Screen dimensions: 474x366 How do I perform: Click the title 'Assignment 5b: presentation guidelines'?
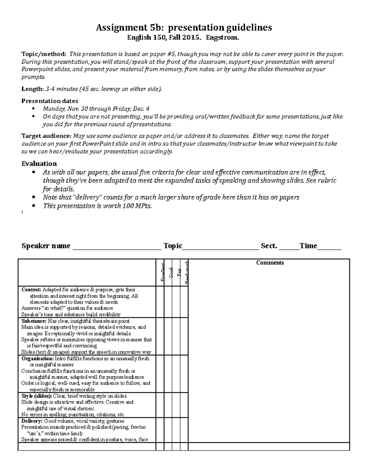(x=184, y=28)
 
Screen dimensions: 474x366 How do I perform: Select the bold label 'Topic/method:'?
(x=44, y=54)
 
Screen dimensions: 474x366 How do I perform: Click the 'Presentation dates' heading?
(x=50, y=101)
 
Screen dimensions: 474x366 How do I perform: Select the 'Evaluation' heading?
(x=39, y=164)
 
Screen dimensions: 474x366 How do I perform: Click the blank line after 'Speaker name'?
(x=117, y=247)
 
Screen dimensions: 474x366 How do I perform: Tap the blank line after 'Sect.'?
(x=289, y=247)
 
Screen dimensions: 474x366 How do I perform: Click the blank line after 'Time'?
(x=329, y=247)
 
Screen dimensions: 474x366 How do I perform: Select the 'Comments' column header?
(x=270, y=263)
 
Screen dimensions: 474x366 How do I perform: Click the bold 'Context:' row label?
(x=31, y=290)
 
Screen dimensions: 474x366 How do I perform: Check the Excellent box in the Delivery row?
(x=160, y=430)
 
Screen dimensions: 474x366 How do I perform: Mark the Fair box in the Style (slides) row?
(x=176, y=405)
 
